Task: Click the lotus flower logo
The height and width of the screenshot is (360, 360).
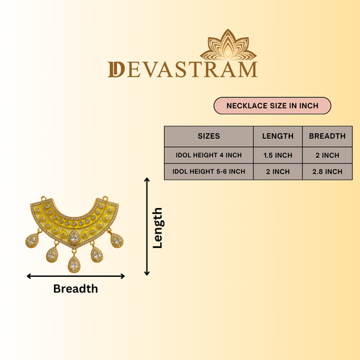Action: [228, 45]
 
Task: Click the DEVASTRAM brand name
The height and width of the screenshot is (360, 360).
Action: [183, 70]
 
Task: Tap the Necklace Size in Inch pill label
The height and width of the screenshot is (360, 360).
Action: [272, 105]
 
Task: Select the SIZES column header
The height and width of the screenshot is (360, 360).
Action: [209, 136]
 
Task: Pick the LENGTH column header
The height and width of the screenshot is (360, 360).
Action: [278, 136]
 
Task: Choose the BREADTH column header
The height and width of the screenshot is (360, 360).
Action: [327, 136]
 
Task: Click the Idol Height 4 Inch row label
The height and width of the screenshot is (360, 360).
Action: [209, 155]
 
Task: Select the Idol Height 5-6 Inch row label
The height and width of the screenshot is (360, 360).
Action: [209, 172]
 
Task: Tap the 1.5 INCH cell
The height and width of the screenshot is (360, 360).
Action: [278, 155]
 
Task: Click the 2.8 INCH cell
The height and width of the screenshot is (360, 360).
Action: [327, 172]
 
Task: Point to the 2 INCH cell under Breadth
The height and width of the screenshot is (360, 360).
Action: [327, 155]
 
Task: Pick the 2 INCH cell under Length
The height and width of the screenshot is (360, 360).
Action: [278, 172]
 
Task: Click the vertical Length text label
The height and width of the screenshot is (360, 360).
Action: [158, 228]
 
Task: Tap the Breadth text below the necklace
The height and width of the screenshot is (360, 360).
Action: [76, 288]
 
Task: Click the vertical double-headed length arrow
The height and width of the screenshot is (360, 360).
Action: [147, 226]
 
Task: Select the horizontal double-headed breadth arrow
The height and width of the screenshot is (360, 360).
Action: [76, 276]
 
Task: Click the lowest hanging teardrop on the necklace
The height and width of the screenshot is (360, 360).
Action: [74, 264]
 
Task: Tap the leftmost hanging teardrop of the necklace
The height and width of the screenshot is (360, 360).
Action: [32, 240]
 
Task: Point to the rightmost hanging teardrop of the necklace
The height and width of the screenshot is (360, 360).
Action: [117, 240]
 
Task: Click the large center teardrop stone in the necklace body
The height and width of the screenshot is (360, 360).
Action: [74, 237]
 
